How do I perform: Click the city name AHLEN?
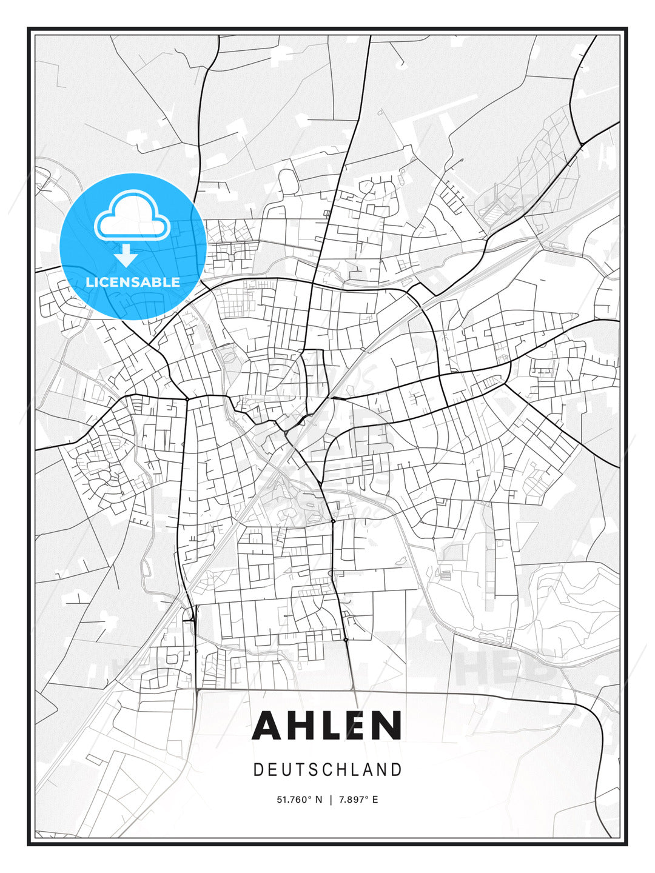click(x=327, y=725)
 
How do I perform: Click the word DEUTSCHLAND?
click(x=327, y=770)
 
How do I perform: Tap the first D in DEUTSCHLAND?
click(x=258, y=770)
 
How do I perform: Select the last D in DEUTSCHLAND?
click(x=397, y=770)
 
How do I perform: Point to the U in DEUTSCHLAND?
click(x=284, y=770)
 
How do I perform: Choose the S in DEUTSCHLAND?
click(x=313, y=770)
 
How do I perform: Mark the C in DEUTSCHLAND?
click(x=327, y=770)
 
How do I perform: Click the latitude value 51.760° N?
click(x=300, y=800)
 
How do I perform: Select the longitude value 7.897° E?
click(x=358, y=800)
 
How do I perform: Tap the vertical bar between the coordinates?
click(x=331, y=800)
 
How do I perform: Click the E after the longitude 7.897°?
click(x=375, y=800)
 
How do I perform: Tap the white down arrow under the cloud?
click(x=126, y=256)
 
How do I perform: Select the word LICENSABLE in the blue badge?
click(x=133, y=282)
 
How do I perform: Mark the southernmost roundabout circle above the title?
click(x=345, y=640)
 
